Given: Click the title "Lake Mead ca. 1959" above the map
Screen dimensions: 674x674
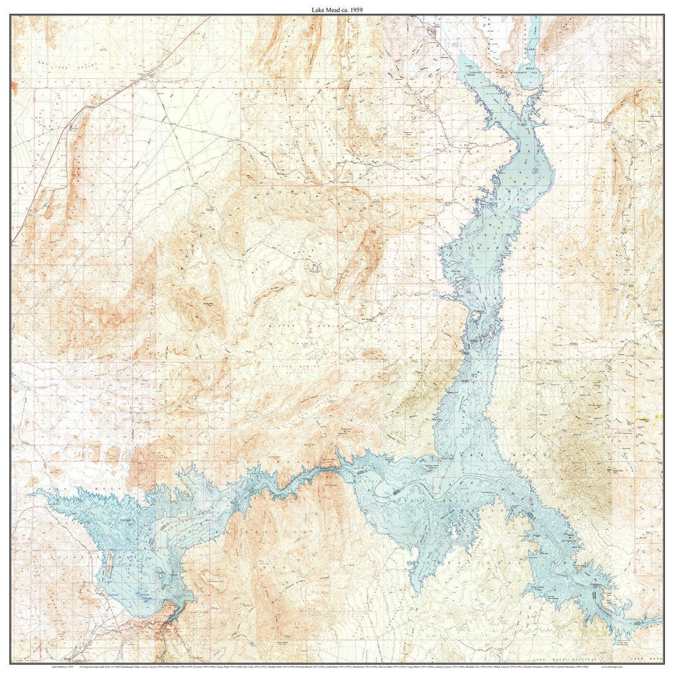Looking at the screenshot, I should click(x=337, y=9).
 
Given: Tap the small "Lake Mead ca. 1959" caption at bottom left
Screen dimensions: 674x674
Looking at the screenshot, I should click(x=62, y=667).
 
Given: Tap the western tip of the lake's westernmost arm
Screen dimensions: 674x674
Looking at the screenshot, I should click(x=34, y=492).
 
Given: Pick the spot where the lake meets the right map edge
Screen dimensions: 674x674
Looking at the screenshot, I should click(x=660, y=619).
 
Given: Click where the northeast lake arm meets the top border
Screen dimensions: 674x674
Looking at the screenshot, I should click(x=535, y=17).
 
